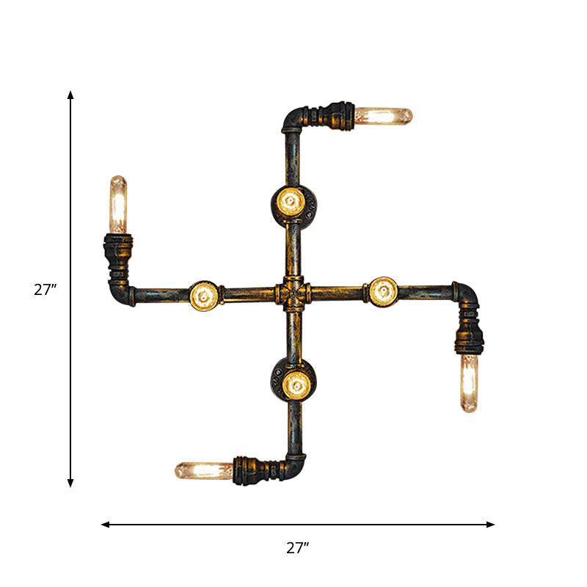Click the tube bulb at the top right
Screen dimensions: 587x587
[x=383, y=116]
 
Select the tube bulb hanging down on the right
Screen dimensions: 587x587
[x=468, y=383]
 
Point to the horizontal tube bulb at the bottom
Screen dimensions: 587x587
[x=203, y=470]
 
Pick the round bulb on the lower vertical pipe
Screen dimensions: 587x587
[x=295, y=382]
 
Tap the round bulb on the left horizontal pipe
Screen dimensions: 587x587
[x=203, y=295]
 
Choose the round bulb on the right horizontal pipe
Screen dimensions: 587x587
[x=382, y=291]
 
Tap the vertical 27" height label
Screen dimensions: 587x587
[x=45, y=290]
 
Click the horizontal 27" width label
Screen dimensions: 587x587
[x=297, y=547]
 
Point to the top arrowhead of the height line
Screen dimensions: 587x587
[x=70, y=95]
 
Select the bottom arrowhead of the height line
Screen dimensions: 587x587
[x=70, y=483]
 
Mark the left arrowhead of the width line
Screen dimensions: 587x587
[x=105, y=525]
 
